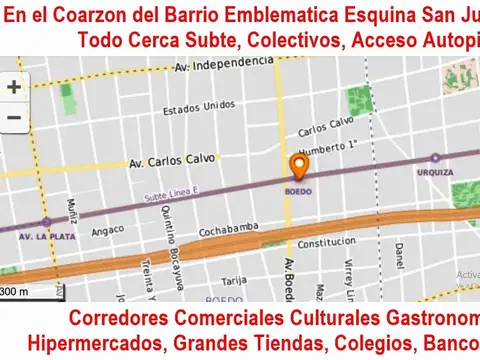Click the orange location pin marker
pyautogui.click(x=298, y=166)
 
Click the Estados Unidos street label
pyautogui.click(x=191, y=110)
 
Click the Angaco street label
pyautogui.click(x=107, y=230)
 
